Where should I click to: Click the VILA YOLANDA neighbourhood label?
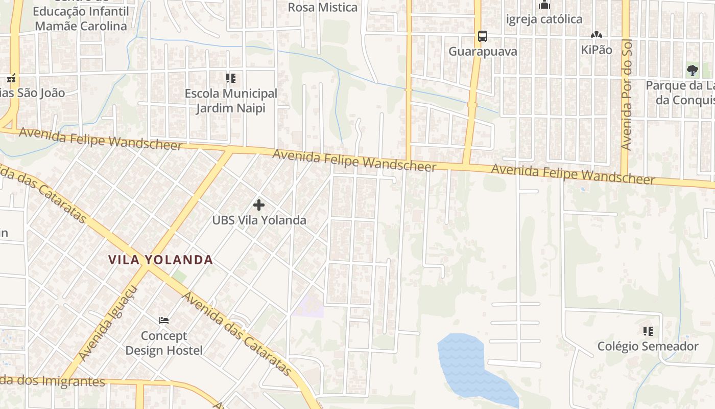tap(160, 260)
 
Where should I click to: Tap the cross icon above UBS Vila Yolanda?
tap(259, 205)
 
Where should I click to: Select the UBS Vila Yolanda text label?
tap(259, 220)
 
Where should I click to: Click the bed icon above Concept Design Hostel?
tap(164, 321)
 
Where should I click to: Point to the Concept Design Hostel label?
tap(164, 343)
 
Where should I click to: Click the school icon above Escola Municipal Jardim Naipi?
tap(231, 78)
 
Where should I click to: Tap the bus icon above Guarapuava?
tap(482, 36)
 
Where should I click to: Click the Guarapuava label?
tap(483, 52)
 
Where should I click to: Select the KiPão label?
tap(596, 50)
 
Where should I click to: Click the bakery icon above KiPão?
tap(595, 35)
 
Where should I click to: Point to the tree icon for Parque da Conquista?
tap(692, 71)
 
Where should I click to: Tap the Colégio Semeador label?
tap(648, 347)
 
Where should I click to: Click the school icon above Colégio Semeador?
tap(648, 331)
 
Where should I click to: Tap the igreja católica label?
tap(544, 19)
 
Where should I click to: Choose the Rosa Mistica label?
tap(322, 7)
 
